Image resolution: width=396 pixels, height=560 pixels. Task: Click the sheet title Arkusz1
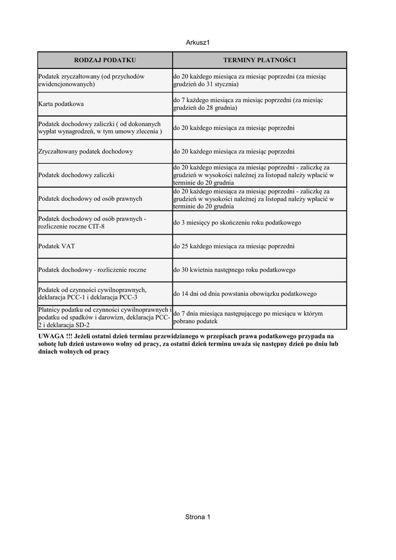click(197, 42)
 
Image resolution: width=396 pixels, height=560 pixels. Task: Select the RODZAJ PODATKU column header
click(105, 60)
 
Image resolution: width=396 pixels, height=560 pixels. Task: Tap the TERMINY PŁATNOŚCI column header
click(259, 60)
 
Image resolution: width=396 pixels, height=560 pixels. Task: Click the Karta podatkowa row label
click(61, 103)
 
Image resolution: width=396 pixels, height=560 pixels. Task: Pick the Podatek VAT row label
click(57, 246)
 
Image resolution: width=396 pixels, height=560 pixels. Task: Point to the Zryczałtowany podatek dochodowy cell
click(86, 151)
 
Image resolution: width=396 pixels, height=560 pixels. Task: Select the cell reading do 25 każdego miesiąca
click(234, 246)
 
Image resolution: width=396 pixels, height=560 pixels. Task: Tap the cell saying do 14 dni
click(245, 294)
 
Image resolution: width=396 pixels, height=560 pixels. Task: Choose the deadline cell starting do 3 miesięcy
click(237, 223)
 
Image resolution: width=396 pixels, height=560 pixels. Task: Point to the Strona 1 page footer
click(197, 517)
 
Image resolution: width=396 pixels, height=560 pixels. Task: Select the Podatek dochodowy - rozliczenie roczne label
click(92, 270)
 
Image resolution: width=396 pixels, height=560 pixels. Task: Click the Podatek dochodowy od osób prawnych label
click(90, 199)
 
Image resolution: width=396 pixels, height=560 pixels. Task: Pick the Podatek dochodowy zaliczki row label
click(80, 175)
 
